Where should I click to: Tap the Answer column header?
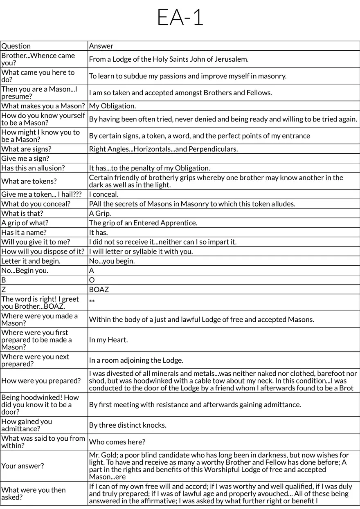[x=101, y=46]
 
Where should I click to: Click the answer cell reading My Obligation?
[x=112, y=106]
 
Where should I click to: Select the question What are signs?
[x=27, y=149]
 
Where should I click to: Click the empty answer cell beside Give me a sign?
[x=223, y=159]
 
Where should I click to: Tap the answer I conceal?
[x=103, y=194]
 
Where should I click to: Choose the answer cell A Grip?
[x=100, y=213]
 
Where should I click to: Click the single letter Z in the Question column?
[x=4, y=289]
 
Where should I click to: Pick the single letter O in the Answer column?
[x=92, y=280]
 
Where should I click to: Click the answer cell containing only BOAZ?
[x=99, y=289]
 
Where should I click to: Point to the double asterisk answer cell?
[x=92, y=302]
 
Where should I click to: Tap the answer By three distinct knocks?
[x=128, y=425]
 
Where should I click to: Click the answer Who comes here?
[x=117, y=442]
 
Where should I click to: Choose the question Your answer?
[x=22, y=466]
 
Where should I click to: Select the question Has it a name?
[x=24, y=232]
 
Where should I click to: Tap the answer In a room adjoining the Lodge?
[x=136, y=360]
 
